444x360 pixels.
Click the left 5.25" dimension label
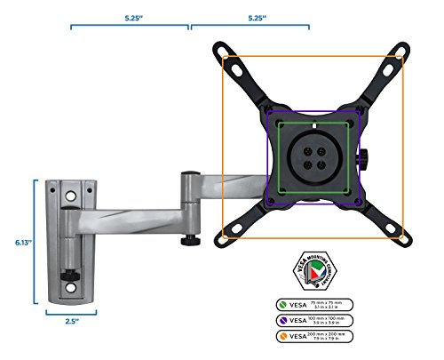[129, 16]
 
